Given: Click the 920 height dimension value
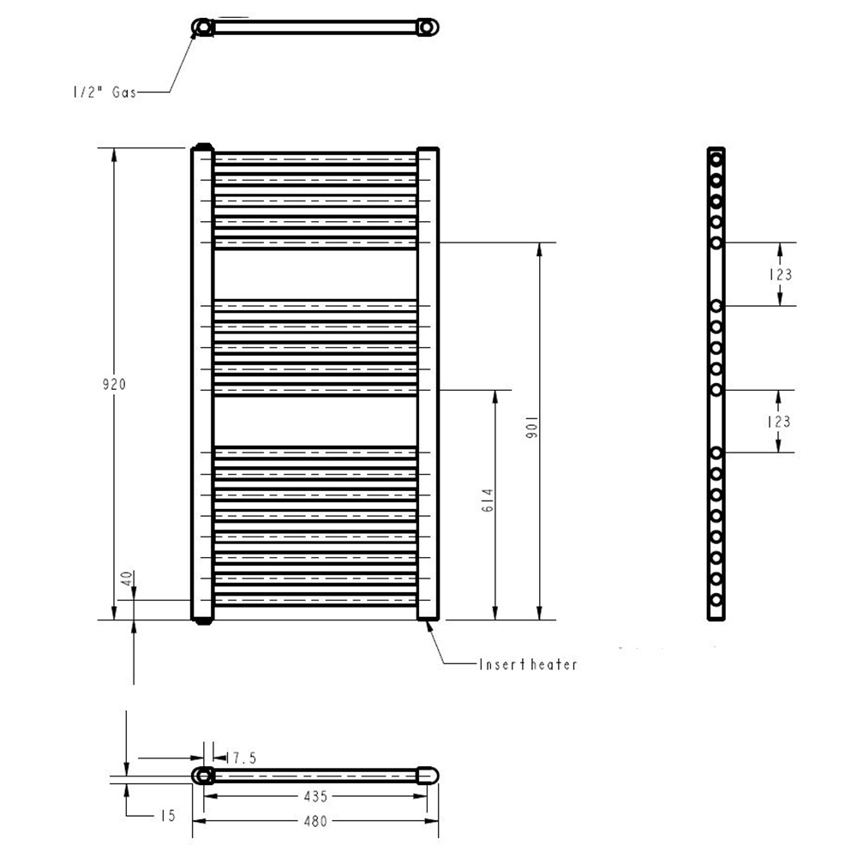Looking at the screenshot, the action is tap(114, 384).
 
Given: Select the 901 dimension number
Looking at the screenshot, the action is tap(532, 428).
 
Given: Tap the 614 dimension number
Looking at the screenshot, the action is tap(488, 500).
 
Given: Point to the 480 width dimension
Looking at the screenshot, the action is tap(315, 821).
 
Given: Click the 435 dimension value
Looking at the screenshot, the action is tap(315, 796).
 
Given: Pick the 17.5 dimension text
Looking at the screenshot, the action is tap(241, 758).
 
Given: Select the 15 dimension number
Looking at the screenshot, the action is tap(168, 816).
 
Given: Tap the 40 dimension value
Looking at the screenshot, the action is tap(127, 578).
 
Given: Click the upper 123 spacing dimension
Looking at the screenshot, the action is tap(780, 274).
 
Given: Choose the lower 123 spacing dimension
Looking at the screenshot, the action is tap(779, 422).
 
